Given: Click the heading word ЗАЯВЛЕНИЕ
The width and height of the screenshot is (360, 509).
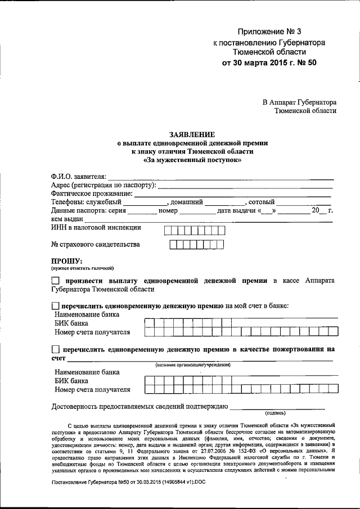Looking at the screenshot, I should click(x=192, y=134).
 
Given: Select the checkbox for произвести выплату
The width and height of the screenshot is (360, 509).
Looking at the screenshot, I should click(x=55, y=280).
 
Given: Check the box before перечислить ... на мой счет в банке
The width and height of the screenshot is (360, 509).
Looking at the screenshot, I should click(x=55, y=305).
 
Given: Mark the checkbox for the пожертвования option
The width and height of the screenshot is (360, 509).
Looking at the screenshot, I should click(x=55, y=349).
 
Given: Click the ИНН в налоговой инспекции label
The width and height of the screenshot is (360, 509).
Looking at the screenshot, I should click(x=96, y=228).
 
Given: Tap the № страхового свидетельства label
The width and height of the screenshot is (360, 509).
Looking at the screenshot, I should click(x=96, y=245).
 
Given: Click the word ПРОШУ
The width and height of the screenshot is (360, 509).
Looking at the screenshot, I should click(x=67, y=261).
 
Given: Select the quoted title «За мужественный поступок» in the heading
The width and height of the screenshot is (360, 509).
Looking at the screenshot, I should click(x=192, y=160).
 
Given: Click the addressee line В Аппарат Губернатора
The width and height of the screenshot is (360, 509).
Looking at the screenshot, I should click(x=299, y=102).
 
